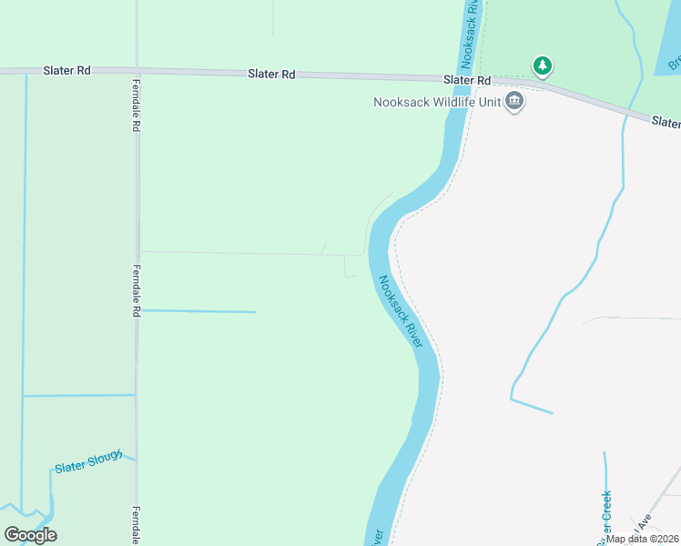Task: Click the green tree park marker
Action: pos(543,66)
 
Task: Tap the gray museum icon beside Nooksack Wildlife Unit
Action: pos(514,102)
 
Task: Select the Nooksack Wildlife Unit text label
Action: pos(437,102)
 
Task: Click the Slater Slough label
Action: pos(88,463)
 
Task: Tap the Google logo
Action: pos(30,535)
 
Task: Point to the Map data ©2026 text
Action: pos(643,539)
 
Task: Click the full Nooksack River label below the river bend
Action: pos(401,311)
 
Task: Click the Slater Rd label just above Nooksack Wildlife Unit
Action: pos(467,80)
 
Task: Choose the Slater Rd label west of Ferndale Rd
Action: pos(66,70)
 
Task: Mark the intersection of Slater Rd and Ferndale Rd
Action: pos(137,72)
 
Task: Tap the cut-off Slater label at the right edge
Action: pos(666,122)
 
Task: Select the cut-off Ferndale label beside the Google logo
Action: pos(136,525)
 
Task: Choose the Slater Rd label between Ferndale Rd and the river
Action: pos(271,75)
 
